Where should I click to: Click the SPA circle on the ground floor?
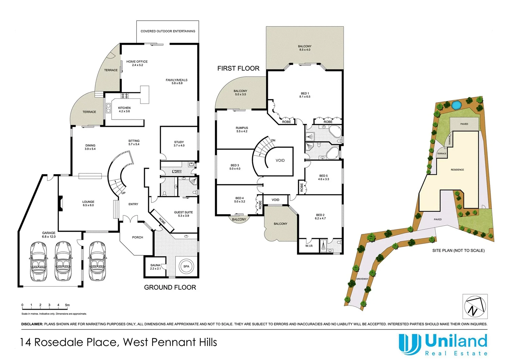[186, 266]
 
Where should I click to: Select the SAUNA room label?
[155, 265]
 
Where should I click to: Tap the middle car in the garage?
[63, 261]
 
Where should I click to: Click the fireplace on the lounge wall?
[60, 203]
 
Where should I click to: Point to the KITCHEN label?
[124, 108]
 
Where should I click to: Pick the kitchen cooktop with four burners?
[125, 96]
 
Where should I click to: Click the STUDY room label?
[179, 142]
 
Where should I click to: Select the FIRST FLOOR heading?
[238, 69]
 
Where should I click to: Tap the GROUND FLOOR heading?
[170, 287]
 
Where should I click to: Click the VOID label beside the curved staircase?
[280, 160]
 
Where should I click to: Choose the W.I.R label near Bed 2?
[309, 246]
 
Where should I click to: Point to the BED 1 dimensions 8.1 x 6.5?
[305, 97]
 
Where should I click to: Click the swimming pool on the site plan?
[456, 105]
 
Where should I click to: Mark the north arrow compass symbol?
[475, 306]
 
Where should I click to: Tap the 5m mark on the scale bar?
[67, 305]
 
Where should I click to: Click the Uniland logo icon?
[410, 344]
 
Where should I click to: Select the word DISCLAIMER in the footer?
[32, 324]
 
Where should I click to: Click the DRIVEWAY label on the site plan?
[362, 279]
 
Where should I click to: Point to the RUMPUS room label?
[242, 128]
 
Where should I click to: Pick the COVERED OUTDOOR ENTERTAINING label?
[168, 31]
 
